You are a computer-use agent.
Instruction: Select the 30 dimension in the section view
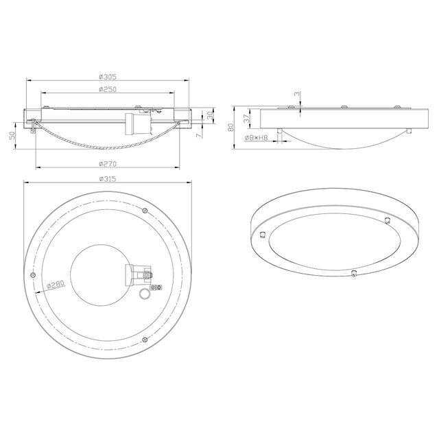coord(209,117)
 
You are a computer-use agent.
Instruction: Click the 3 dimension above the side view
coord(297,94)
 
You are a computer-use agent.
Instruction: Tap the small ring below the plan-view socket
coord(144,295)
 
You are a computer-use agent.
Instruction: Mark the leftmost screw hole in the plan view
coord(34,274)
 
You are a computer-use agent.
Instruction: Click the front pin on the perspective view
coord(353,273)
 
